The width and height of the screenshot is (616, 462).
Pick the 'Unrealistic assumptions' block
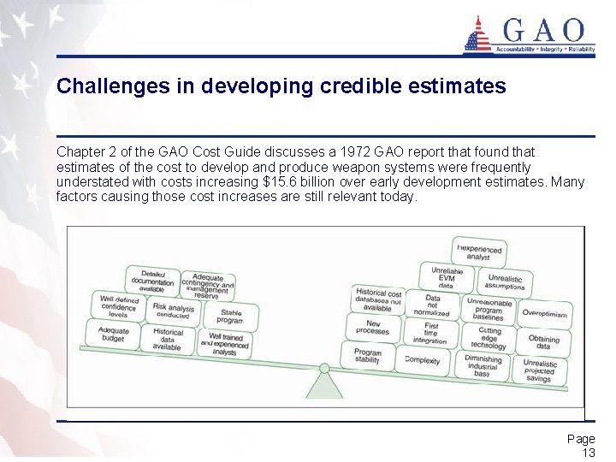coord(505,282)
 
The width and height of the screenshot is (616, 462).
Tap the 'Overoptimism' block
coord(544,314)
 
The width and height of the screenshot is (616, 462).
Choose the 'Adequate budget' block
coord(114,335)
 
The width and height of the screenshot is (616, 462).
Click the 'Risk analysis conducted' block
coord(174,310)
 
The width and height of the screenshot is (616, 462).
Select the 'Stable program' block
coord(230,316)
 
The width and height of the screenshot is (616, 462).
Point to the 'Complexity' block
coord(423,360)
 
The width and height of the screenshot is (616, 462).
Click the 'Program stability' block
coord(368,355)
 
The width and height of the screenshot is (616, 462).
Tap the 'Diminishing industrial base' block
coord(483,365)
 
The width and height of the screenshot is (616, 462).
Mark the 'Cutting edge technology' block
coord(489,338)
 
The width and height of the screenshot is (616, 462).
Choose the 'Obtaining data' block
coord(543,341)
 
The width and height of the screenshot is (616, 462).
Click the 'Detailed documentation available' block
coord(152,281)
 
